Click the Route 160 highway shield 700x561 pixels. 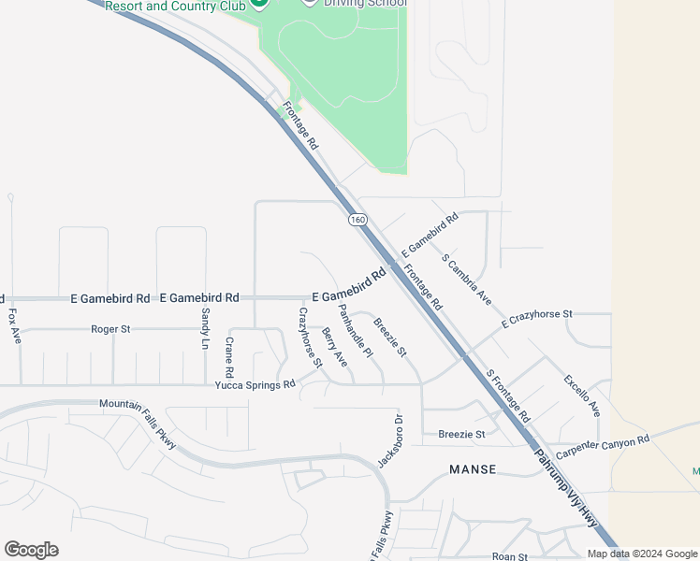(x=357, y=221)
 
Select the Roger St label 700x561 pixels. (x=110, y=329)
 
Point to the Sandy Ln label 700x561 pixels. (x=206, y=328)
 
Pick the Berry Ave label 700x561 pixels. (x=334, y=346)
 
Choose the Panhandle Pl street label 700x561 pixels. (x=356, y=331)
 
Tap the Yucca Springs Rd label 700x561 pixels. (x=255, y=384)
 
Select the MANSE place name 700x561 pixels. (x=473, y=468)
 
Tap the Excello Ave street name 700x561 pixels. (x=582, y=396)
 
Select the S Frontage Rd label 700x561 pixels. (x=508, y=396)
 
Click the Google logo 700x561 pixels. (x=31, y=550)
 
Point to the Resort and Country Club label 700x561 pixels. (x=175, y=6)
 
